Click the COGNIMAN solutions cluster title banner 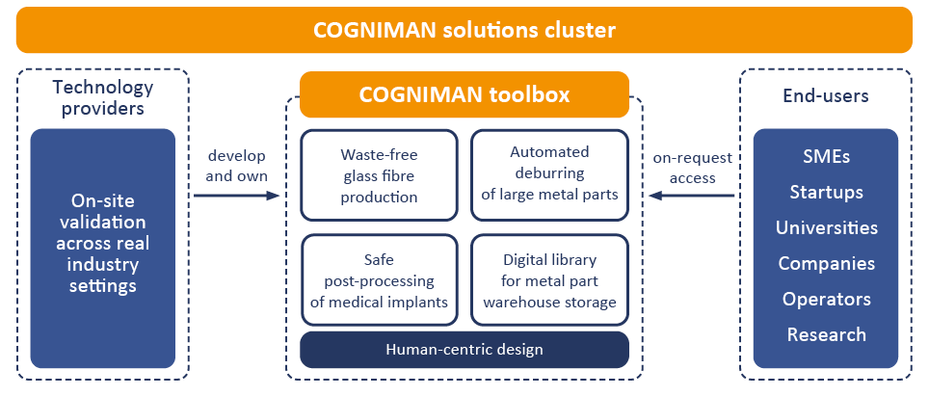click(464, 30)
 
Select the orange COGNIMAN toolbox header click(464, 94)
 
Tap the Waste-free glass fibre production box click(379, 174)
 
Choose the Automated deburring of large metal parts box click(549, 174)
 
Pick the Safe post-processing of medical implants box click(379, 280)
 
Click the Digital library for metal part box click(549, 280)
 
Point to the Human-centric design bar click(464, 350)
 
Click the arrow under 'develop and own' click(236, 196)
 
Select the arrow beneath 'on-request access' click(692, 196)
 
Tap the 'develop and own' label click(236, 166)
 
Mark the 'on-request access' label click(692, 168)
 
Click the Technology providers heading click(102, 97)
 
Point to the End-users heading click(826, 95)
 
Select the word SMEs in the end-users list click(826, 157)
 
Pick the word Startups click(826, 193)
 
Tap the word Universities click(826, 228)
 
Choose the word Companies click(826, 263)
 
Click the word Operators click(826, 299)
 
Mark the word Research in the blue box click(826, 334)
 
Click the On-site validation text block click(102, 243)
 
